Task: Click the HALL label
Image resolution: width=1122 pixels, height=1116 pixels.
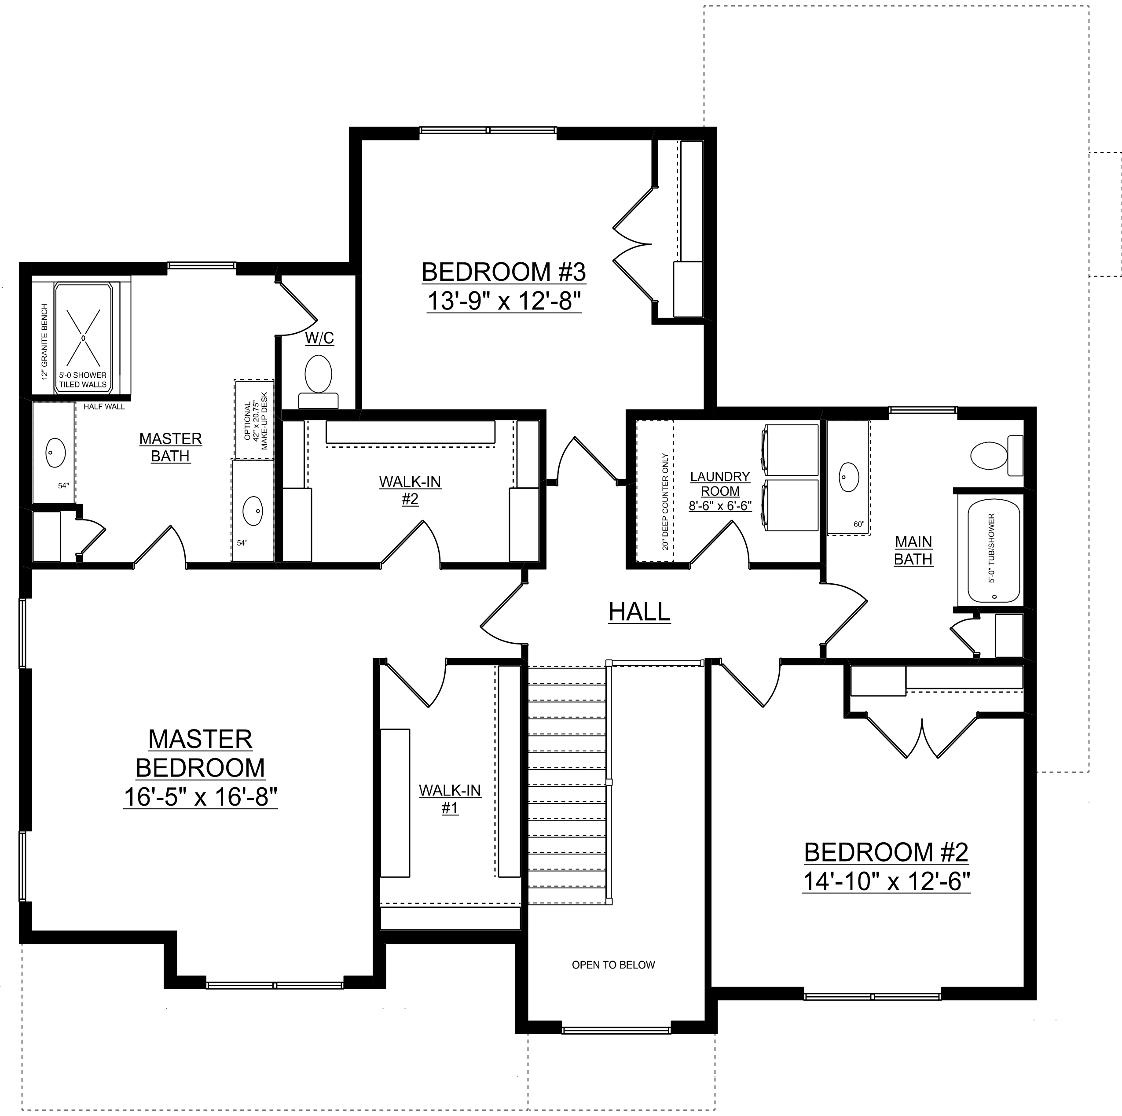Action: tap(639, 612)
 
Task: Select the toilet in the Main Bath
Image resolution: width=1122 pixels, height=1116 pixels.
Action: tap(997, 455)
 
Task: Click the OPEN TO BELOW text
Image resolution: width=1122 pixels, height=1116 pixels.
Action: tap(613, 965)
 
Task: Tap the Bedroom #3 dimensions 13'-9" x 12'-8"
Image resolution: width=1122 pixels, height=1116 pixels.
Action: tap(504, 302)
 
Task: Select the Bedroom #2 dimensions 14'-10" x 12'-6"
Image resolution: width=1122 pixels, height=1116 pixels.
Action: tap(886, 882)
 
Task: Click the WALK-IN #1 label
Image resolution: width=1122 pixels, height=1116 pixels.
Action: tap(450, 799)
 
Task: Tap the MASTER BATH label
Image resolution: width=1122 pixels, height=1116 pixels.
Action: tap(171, 447)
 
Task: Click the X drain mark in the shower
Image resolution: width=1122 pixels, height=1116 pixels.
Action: tap(83, 336)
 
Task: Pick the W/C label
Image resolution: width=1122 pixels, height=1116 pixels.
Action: tap(320, 338)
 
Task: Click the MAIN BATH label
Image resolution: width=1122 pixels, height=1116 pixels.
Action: tap(913, 551)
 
